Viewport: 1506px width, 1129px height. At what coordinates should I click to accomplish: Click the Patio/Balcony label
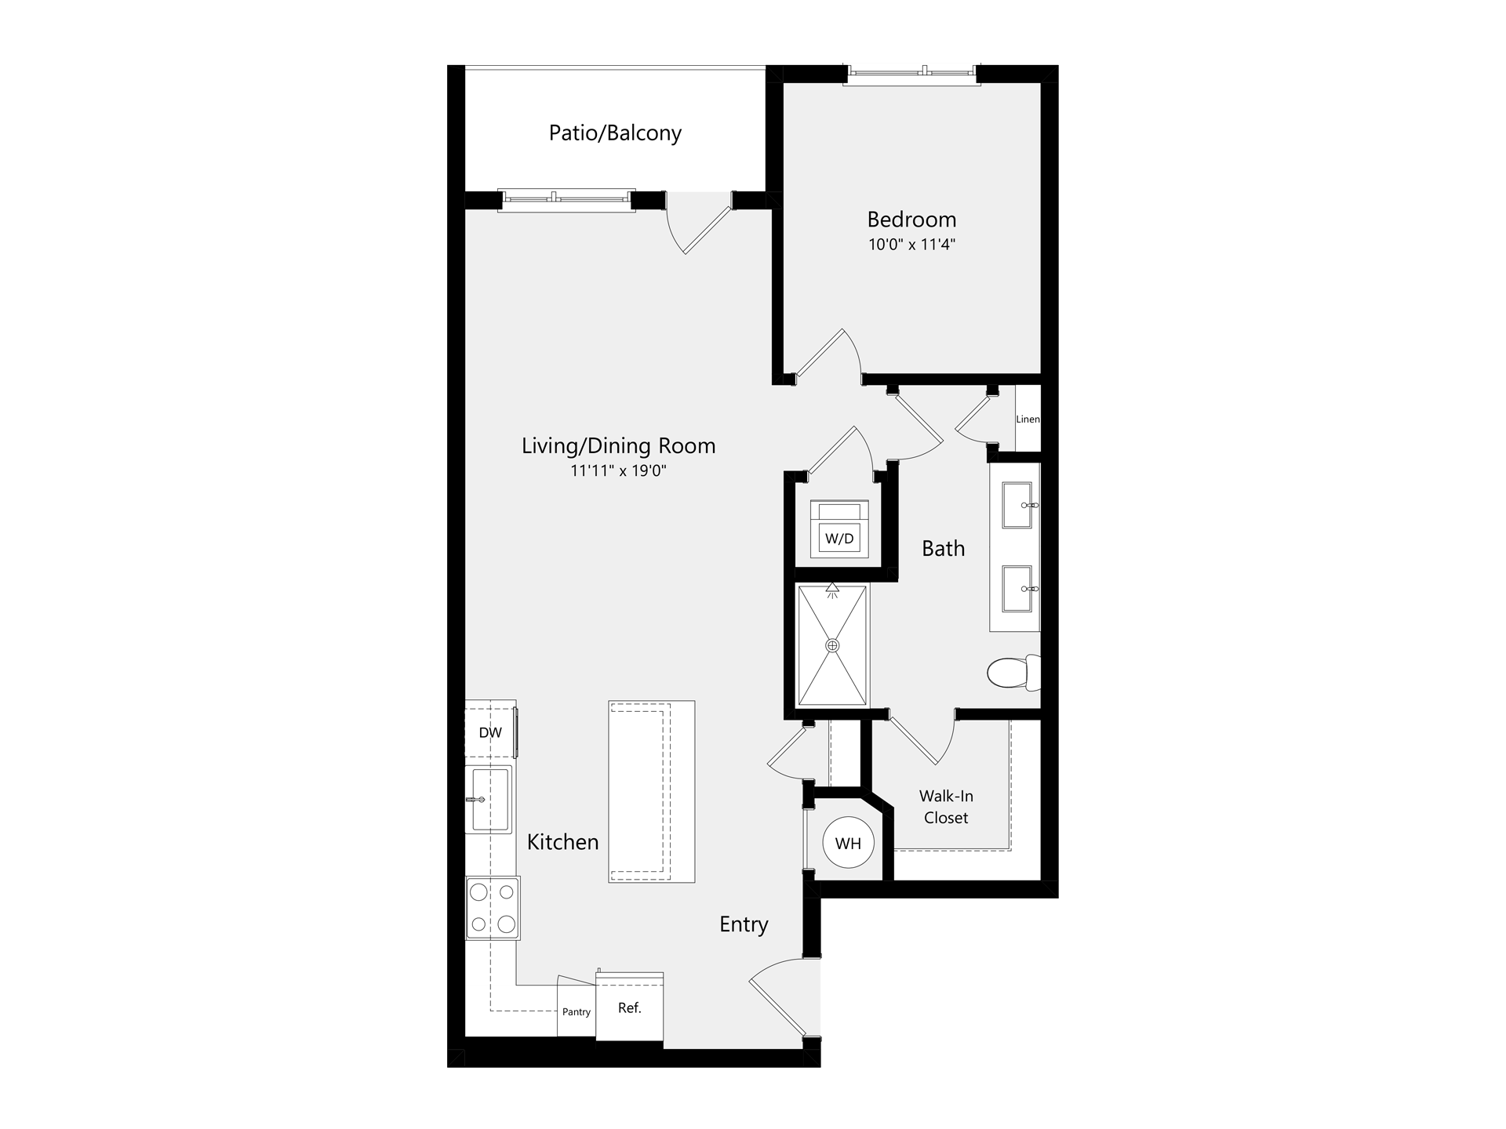point(615,133)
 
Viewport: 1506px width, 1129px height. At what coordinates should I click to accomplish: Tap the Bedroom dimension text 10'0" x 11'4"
point(911,245)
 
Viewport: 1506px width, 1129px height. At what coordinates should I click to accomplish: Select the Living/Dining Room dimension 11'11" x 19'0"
point(618,471)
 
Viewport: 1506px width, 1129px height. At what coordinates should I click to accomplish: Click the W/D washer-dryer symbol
point(839,529)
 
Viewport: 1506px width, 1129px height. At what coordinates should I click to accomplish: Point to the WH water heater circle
point(848,844)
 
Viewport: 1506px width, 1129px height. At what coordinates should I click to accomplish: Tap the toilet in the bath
point(1013,672)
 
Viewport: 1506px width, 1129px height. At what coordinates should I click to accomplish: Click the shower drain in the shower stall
point(832,645)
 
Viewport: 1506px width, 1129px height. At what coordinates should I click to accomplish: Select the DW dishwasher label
point(490,733)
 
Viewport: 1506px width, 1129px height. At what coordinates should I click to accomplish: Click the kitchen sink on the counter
point(489,799)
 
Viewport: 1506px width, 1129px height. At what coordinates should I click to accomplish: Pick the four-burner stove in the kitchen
point(493,908)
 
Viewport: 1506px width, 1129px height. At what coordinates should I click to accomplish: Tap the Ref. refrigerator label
point(630,1008)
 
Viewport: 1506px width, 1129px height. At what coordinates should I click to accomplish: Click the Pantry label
point(577,1012)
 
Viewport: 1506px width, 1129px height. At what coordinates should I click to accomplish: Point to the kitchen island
point(652,792)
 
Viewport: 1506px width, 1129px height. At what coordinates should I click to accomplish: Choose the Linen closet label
point(1028,419)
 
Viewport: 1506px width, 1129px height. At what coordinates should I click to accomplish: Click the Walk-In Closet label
point(946,807)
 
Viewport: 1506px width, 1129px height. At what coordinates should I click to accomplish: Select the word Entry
point(744,924)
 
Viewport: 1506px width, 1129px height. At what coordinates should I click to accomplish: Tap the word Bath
point(944,549)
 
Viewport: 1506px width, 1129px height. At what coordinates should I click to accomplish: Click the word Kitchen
point(562,842)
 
